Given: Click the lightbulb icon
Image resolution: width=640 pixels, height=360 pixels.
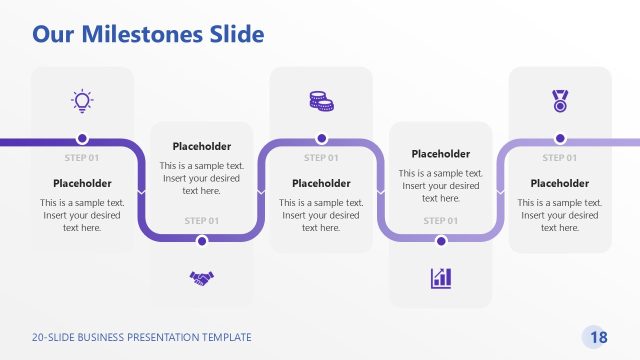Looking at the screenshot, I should click(82, 99).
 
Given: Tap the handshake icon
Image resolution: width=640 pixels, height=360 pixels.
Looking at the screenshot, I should click(202, 277).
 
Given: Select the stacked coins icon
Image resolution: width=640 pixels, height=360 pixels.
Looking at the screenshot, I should click(321, 100).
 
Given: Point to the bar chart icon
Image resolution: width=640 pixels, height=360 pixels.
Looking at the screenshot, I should click(441, 277).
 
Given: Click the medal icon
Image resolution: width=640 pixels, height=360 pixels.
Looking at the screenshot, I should click(560, 100).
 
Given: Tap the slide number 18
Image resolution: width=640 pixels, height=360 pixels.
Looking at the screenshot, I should click(599, 337).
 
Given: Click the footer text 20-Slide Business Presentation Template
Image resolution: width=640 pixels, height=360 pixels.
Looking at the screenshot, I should click(141, 337).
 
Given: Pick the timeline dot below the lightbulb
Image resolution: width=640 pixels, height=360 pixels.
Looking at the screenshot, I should click(82, 139).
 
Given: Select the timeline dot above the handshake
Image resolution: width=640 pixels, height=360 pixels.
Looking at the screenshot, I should click(202, 240).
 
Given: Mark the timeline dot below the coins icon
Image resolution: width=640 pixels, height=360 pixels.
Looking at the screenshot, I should click(321, 139).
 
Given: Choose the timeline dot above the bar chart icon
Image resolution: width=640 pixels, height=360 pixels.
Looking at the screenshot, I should click(441, 240).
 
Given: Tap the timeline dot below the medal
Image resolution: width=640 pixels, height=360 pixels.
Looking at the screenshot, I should click(560, 139).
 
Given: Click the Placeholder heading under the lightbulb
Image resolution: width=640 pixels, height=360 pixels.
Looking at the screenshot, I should click(82, 183).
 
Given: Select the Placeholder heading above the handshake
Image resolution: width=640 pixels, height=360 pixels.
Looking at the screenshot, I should click(202, 146).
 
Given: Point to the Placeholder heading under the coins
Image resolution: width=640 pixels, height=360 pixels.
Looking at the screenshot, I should click(321, 183).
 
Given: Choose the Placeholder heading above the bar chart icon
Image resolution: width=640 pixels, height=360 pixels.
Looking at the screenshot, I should click(441, 154).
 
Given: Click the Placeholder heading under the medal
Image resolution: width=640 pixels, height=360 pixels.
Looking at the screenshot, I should click(560, 183).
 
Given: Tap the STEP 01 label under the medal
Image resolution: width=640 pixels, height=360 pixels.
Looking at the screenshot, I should click(560, 158).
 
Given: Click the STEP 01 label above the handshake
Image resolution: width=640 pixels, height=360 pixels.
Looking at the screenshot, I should click(202, 220).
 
